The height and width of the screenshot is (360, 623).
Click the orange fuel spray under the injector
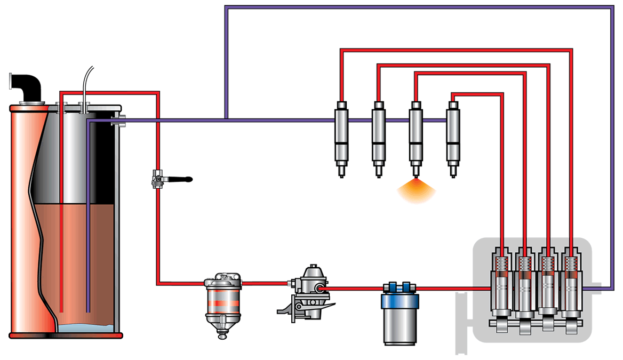point(416,189)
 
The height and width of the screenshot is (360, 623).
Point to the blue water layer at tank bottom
point(85,327)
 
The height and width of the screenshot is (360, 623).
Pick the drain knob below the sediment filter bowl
point(222,335)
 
